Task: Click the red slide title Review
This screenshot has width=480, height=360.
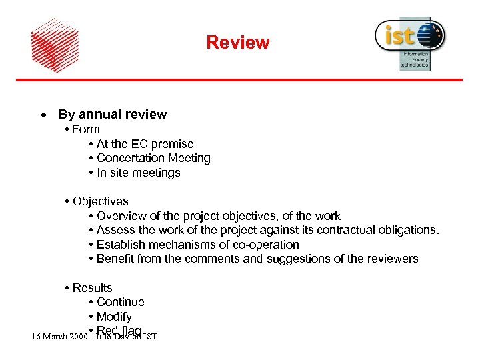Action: tap(237, 43)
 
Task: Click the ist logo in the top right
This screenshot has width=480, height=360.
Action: tap(409, 42)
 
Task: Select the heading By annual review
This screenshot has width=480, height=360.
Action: tap(112, 115)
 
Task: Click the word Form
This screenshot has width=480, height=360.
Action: tap(86, 129)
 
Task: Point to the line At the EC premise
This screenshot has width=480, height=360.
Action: tap(145, 144)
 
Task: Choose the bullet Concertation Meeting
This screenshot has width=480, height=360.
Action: tap(153, 158)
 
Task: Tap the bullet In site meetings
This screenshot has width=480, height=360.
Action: tap(138, 173)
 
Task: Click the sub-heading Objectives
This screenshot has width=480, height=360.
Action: tap(100, 201)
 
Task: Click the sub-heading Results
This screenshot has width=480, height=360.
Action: tap(92, 288)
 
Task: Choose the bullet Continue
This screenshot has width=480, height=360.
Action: tap(120, 302)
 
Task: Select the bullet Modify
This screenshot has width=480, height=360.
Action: tap(114, 317)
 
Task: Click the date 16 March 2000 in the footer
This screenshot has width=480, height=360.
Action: tap(58, 336)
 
